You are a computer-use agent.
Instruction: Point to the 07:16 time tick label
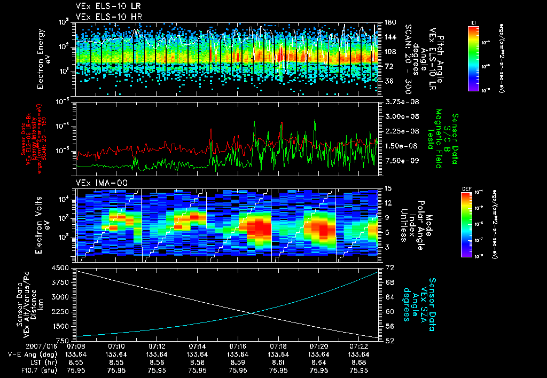(x=238, y=345)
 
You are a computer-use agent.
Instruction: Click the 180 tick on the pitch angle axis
(x=389, y=22)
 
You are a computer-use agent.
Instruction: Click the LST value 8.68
(x=358, y=361)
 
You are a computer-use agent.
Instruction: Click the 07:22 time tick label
(x=358, y=345)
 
